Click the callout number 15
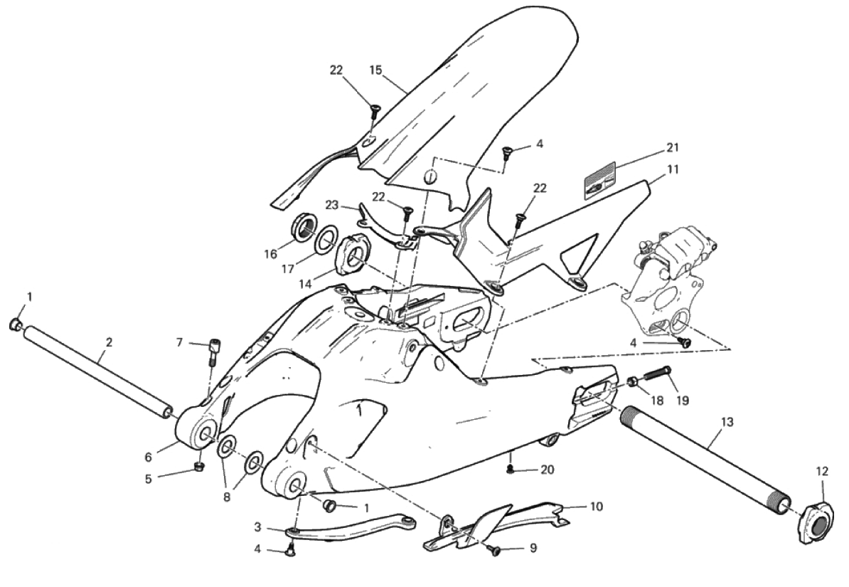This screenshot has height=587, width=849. tap(376, 70)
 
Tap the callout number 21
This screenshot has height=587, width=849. tap(673, 148)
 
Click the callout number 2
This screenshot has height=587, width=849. tap(108, 342)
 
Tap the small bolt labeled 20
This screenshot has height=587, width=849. tap(510, 469)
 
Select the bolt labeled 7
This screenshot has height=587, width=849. tap(212, 350)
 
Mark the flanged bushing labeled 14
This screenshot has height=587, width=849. tap(353, 255)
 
